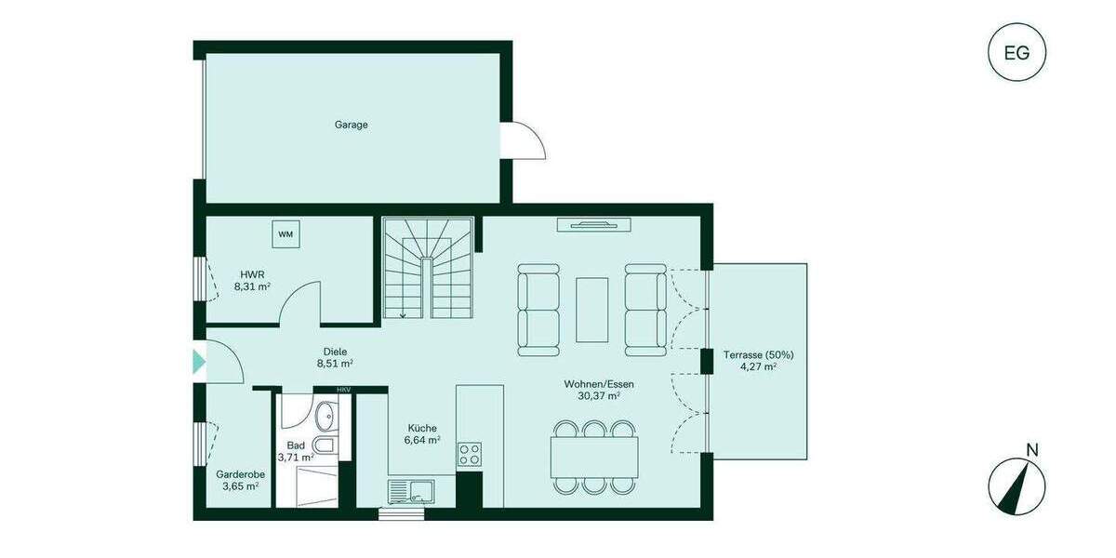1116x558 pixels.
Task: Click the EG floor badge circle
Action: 1016,52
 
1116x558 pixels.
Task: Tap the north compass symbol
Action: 1016,485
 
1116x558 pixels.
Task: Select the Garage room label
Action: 352,125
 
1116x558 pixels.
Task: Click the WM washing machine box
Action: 286,234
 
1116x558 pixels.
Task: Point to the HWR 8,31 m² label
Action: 252,281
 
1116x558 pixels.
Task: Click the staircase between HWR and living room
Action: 428,268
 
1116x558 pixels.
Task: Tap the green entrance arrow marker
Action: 198,362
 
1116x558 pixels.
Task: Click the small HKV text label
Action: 343,390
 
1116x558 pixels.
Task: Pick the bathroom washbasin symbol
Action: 326,415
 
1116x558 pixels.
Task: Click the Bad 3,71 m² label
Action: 295,451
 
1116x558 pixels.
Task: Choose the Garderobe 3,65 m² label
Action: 240,479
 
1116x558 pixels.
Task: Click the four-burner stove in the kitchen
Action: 469,454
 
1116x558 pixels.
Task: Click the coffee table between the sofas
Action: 592,310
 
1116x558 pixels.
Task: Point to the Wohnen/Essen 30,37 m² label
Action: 599,390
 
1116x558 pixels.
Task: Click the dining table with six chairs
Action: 594,457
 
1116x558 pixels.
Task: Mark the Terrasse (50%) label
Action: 758,361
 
